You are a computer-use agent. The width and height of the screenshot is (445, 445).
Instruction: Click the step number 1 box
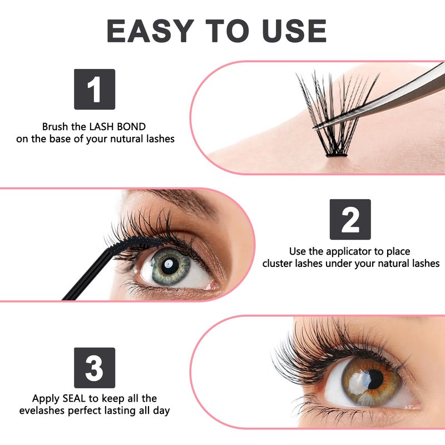[95, 89]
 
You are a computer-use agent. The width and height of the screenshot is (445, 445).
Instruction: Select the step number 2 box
[350, 219]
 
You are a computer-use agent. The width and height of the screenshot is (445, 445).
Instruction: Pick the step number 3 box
[95, 368]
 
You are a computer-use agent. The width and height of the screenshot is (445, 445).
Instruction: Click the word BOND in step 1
[131, 127]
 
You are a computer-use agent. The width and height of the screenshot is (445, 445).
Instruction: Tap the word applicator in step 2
[349, 252]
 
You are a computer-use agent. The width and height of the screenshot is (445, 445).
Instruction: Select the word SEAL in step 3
[74, 398]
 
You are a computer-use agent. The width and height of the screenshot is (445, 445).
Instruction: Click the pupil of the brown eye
[373, 379]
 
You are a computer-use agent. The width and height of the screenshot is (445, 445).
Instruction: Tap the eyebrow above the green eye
[182, 200]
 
